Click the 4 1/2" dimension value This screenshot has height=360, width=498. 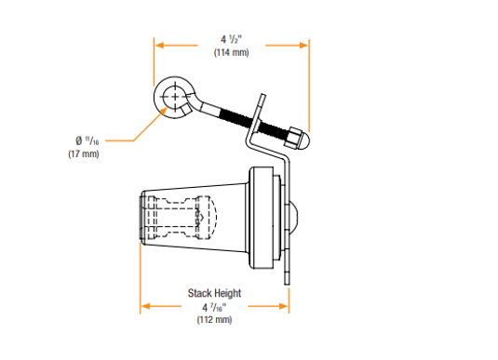point(231,40)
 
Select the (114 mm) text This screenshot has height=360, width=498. point(231,52)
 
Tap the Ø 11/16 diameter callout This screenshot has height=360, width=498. point(87,140)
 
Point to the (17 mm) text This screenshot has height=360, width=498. point(84,154)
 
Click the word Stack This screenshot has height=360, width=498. point(199,293)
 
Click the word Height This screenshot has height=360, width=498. point(227,293)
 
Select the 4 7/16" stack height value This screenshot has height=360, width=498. point(214,307)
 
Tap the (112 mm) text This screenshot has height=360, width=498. point(214,319)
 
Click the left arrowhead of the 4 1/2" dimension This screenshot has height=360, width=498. point(159,46)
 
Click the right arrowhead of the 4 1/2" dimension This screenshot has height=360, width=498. point(304,46)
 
